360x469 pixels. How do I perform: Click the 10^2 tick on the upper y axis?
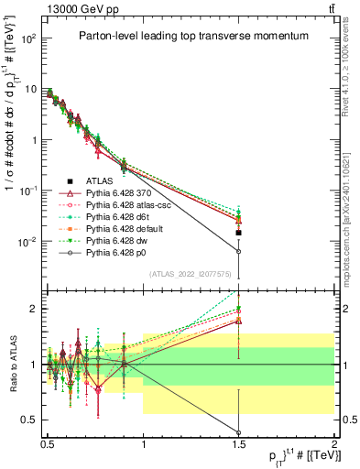(x=29, y=39)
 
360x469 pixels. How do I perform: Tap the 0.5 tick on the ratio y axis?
(x=29, y=420)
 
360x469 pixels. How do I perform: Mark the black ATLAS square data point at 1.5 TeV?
(x=238, y=233)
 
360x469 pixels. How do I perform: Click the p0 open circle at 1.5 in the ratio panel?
(x=238, y=433)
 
